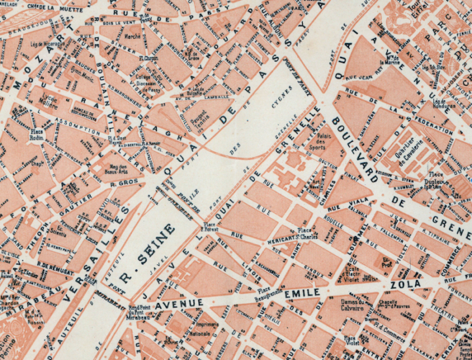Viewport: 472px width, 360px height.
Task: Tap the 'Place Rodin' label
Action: tap(37, 135)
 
